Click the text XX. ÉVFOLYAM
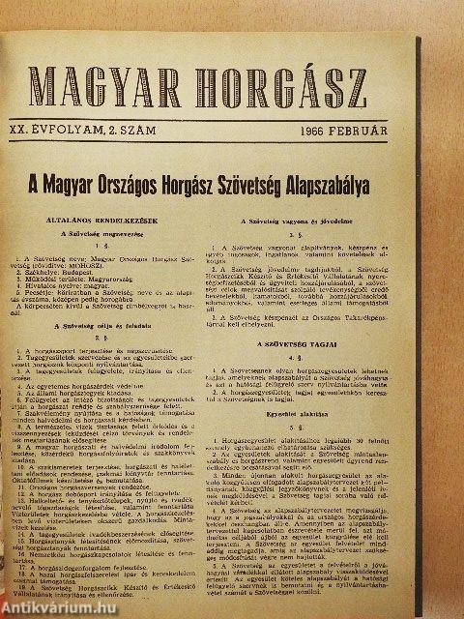click(77, 128)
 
